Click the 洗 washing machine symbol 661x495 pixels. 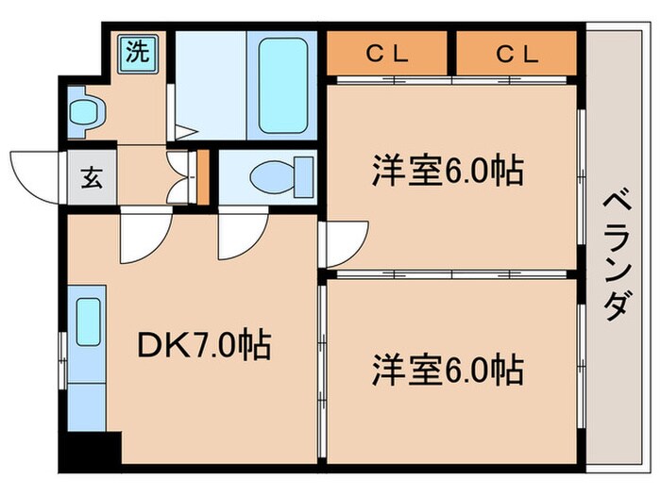pos(138,51)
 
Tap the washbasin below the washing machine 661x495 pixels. pos(87,110)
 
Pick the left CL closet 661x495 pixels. pos(387,54)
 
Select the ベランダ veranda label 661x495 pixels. pos(615,255)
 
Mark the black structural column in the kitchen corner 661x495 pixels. pos(91,452)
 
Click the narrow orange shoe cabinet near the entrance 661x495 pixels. pos(202,176)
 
